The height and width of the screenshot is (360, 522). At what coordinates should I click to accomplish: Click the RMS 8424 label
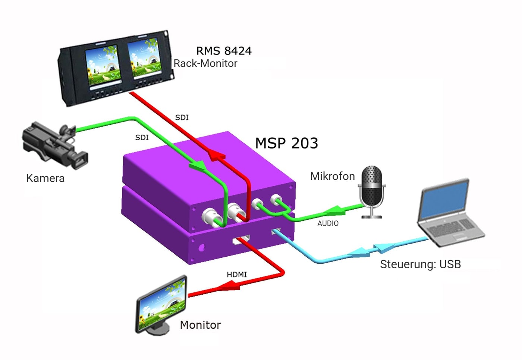pyautogui.click(x=224, y=51)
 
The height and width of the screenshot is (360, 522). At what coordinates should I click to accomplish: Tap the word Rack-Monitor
pyautogui.click(x=205, y=63)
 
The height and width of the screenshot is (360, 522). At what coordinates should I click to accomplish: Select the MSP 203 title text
pyautogui.click(x=286, y=143)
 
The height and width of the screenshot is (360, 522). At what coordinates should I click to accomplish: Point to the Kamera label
pyautogui.click(x=45, y=178)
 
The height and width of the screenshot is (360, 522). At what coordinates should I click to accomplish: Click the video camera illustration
pyautogui.click(x=55, y=145)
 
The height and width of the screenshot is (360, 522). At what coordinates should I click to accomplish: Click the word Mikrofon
pyautogui.click(x=332, y=176)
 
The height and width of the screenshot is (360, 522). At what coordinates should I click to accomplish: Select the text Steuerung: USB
pyautogui.click(x=421, y=264)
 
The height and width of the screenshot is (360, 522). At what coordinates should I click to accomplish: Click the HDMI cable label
pyautogui.click(x=237, y=275)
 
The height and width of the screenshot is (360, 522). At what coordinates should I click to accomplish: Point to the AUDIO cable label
pyautogui.click(x=328, y=223)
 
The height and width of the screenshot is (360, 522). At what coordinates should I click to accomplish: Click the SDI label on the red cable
pyautogui.click(x=182, y=118)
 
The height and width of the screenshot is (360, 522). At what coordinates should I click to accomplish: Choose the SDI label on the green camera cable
pyautogui.click(x=142, y=138)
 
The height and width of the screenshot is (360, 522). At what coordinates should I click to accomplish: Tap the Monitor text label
pyautogui.click(x=201, y=325)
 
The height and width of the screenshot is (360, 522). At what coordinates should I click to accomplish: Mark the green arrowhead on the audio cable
pyautogui.click(x=335, y=210)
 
